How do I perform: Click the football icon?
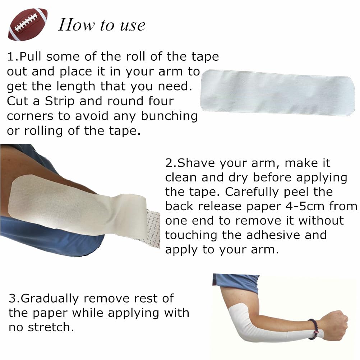28,24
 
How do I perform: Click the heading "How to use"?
102,25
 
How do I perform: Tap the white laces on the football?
26,22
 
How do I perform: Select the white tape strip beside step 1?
277,92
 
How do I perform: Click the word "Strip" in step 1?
60,101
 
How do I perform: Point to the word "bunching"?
169,116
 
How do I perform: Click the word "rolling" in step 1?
43,131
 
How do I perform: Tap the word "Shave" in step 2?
196,163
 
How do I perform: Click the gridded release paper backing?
152,229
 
